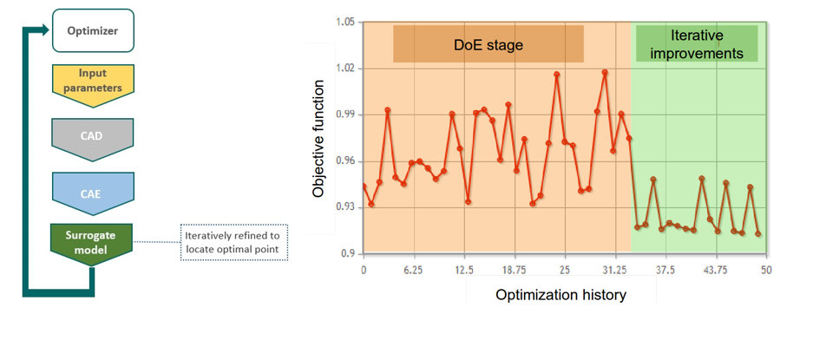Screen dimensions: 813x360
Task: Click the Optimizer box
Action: click(94, 30)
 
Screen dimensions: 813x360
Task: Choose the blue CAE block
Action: click(93, 193)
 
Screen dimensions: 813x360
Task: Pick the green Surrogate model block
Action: click(91, 243)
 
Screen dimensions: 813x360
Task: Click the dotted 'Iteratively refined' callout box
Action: click(233, 242)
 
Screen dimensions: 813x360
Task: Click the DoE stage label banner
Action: click(488, 44)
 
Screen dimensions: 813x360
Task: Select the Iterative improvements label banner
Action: click(697, 43)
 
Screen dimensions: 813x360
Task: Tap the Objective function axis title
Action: click(318, 139)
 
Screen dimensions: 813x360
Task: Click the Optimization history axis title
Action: click(561, 295)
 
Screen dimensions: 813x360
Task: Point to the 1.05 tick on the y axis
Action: click(345, 23)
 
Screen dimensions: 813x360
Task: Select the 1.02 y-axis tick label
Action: click(345, 69)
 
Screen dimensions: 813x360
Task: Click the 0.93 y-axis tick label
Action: click(345, 207)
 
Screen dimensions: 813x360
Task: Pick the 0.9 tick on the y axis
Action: click(349, 253)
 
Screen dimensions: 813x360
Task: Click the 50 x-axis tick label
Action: click(766, 271)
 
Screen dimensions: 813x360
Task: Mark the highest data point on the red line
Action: click(605, 72)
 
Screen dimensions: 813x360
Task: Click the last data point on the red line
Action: click(758, 234)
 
